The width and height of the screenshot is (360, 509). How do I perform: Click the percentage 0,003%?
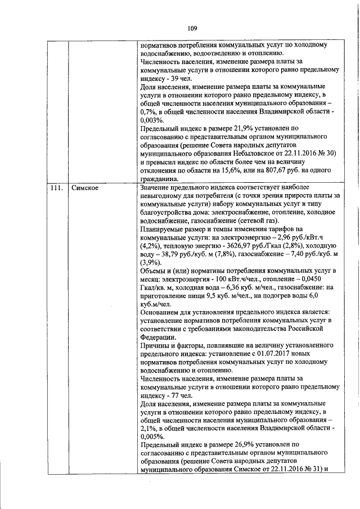pyautogui.click(x=152, y=120)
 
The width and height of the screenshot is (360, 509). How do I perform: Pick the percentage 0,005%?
pyautogui.click(x=152, y=436)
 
